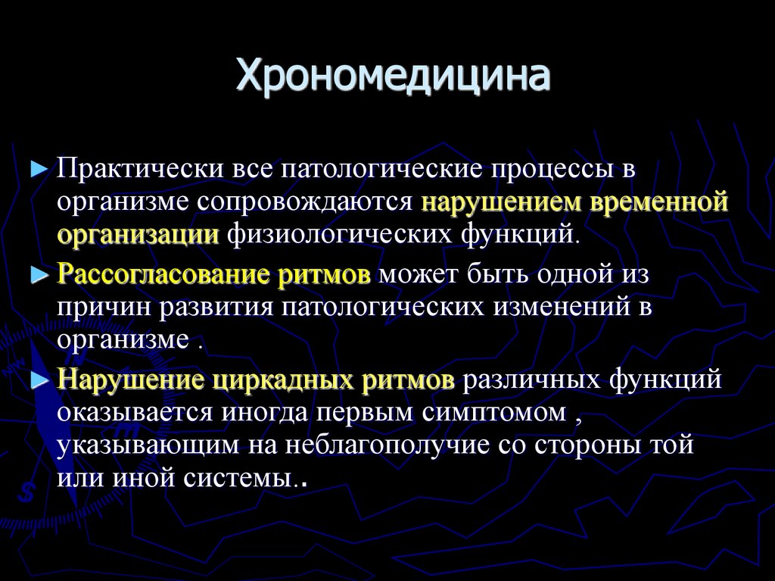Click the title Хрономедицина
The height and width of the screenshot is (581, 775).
393,77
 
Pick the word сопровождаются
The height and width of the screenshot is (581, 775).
307,202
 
